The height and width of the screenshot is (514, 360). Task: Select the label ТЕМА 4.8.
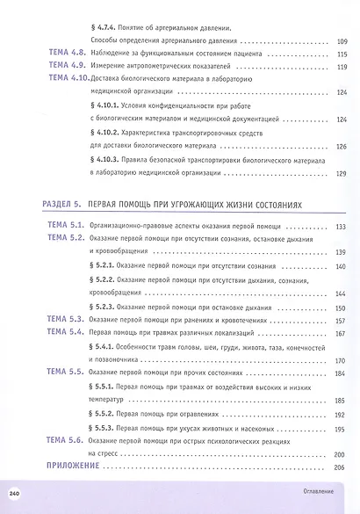click(x=64, y=54)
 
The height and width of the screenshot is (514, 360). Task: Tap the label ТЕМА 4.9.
click(x=64, y=66)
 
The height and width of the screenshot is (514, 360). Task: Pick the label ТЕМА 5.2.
click(x=64, y=238)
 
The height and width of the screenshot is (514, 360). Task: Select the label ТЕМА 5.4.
click(x=64, y=333)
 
